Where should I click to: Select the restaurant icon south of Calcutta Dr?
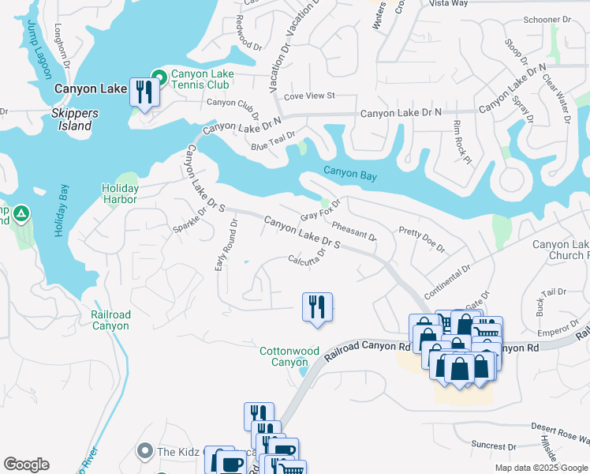(317, 307)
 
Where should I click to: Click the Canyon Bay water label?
(349, 174)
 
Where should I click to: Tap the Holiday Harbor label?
(120, 194)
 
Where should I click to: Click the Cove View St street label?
(309, 96)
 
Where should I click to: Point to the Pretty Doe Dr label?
(422, 238)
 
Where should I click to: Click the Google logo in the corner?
(26, 465)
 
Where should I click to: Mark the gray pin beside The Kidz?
(144, 451)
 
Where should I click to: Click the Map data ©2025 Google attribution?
(541, 468)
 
